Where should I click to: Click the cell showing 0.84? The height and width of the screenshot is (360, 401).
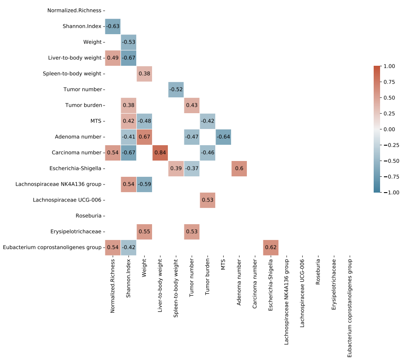click(160, 152)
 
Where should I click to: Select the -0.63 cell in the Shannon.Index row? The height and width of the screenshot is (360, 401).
click(113, 26)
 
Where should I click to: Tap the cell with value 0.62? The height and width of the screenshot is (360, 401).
click(271, 247)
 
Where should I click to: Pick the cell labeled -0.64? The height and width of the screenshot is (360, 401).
click(223, 137)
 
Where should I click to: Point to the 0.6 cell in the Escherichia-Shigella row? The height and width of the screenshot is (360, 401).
click(239, 168)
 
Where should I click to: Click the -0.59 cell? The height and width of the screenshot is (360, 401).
click(144, 184)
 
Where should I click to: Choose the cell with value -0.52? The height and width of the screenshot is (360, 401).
click(176, 89)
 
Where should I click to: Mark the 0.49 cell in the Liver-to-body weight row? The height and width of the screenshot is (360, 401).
click(113, 58)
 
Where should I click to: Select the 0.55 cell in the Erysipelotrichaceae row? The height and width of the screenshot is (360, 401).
click(144, 231)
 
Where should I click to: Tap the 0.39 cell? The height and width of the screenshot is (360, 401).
click(176, 168)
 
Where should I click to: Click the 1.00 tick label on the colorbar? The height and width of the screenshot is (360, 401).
click(389, 66)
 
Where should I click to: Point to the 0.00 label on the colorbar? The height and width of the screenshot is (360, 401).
click(389, 129)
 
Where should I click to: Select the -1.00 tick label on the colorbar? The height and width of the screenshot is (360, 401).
click(388, 192)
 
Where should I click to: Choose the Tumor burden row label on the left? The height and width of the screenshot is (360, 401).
click(84, 105)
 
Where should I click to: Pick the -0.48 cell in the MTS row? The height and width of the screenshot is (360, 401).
click(144, 121)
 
